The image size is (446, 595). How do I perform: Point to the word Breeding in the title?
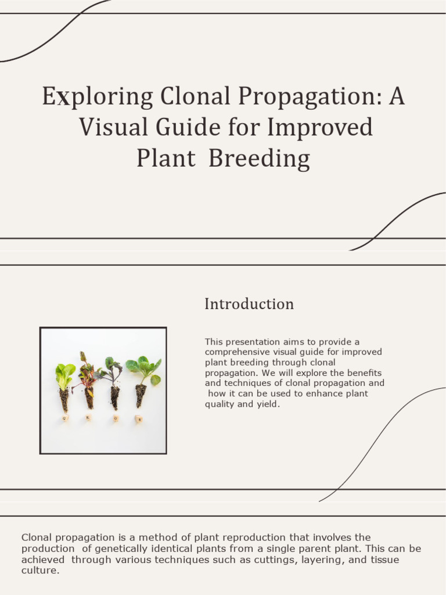(259, 158)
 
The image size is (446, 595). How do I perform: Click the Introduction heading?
(249, 304)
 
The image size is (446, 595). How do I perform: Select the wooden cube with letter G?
(65, 418)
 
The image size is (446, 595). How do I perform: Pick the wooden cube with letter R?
(89, 418)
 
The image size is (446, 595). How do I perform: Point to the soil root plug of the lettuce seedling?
(64, 400)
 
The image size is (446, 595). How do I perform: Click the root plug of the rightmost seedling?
(141, 396)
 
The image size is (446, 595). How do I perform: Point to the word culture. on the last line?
(41, 571)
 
